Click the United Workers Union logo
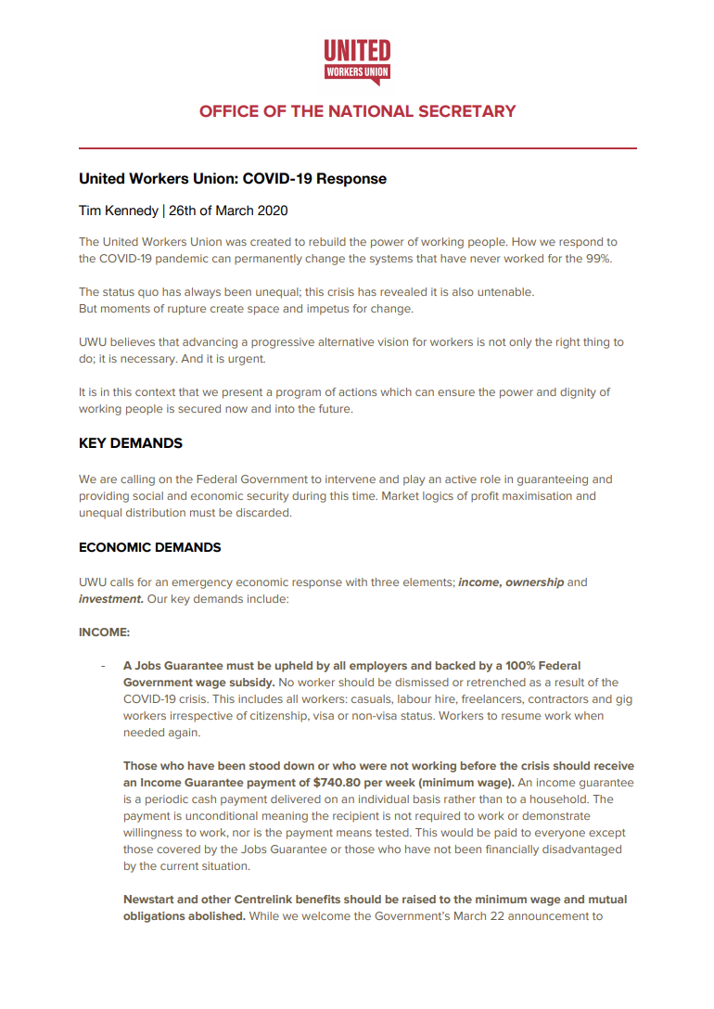pos(357,61)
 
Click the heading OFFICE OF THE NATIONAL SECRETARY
pos(357,111)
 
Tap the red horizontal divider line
pos(357,148)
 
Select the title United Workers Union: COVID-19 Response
pos(233,178)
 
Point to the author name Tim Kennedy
pos(118,211)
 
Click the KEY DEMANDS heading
pos(131,443)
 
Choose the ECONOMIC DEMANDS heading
pos(150,547)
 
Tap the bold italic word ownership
pos(534,582)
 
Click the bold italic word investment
pos(110,599)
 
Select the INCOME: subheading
pos(104,634)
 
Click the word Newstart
pos(151,900)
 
